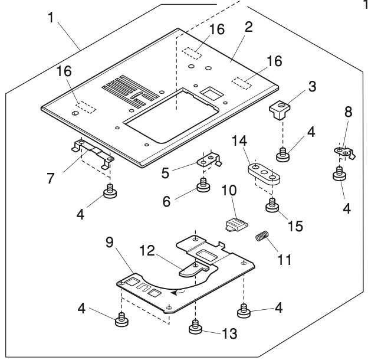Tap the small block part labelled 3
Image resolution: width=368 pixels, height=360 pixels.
pos(280,109)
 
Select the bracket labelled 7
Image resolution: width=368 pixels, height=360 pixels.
pos(91,150)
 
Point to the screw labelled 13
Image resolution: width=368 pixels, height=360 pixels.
pos(195,326)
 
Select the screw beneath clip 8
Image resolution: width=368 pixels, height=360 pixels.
pos(340,174)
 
